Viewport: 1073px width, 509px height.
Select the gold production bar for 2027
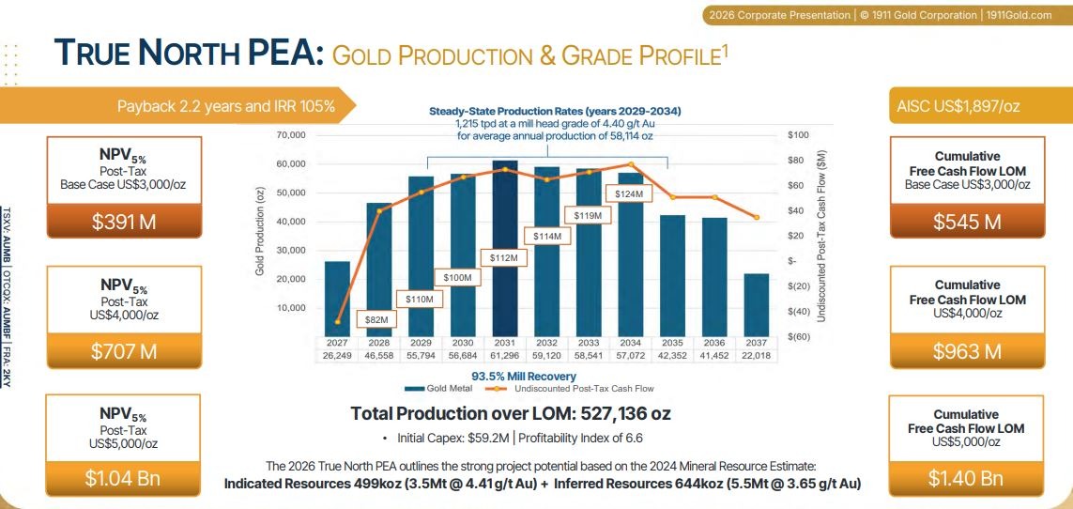337,299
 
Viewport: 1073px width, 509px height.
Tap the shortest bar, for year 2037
756,305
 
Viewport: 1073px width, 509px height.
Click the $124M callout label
629,193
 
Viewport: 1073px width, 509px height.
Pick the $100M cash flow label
458,277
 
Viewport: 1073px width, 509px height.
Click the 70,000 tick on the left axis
292,135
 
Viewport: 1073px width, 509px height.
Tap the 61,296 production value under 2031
505,356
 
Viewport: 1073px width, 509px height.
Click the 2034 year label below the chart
631,342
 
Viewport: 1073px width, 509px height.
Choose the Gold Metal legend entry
425,389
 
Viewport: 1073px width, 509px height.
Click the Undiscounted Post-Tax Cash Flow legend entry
569,389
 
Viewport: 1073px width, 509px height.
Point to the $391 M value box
124,221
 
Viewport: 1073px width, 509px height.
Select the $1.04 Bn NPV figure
124,477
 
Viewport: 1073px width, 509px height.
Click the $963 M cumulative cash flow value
968,351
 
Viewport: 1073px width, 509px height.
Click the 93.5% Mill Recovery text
524,377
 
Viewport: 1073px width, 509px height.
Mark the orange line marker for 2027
337,321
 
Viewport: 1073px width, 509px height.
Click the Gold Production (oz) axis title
260,233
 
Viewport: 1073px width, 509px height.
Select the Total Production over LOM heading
511,413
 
